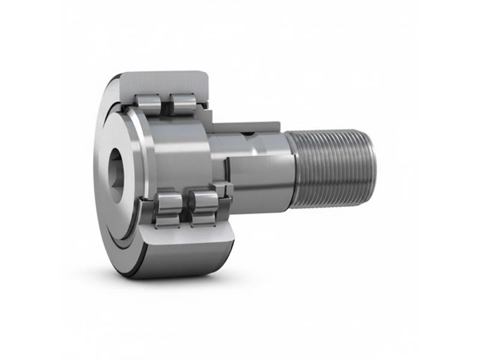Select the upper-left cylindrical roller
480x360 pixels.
point(148,104)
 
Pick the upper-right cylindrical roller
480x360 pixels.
point(182,103)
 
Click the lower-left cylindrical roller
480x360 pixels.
point(169,208)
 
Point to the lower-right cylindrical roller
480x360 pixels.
point(205,208)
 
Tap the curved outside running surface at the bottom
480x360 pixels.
point(180,264)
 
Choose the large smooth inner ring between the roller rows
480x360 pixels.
point(174,156)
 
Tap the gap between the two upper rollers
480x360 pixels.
point(166,103)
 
